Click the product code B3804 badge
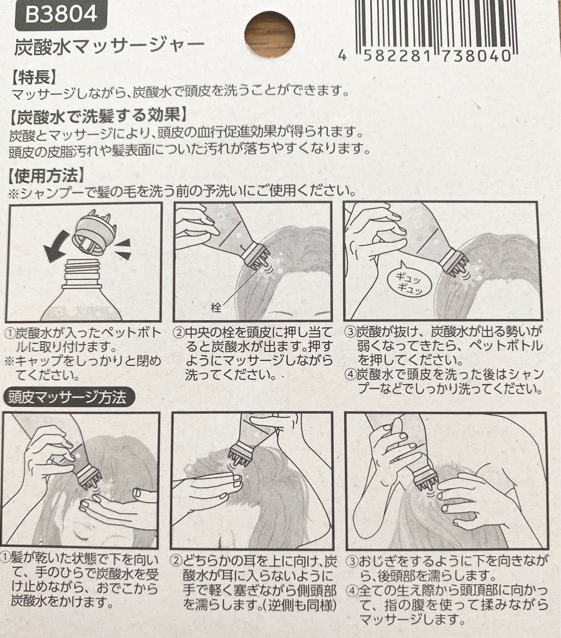point(61,15)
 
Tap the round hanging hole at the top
point(270,34)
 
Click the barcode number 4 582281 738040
point(424,56)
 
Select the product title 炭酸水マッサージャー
point(109,47)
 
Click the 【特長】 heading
point(34,77)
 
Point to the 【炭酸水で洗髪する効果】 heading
point(98,116)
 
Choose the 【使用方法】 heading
point(46,176)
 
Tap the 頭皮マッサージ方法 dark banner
point(68,397)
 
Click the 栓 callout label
point(216,307)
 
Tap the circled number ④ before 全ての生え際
point(352,589)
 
